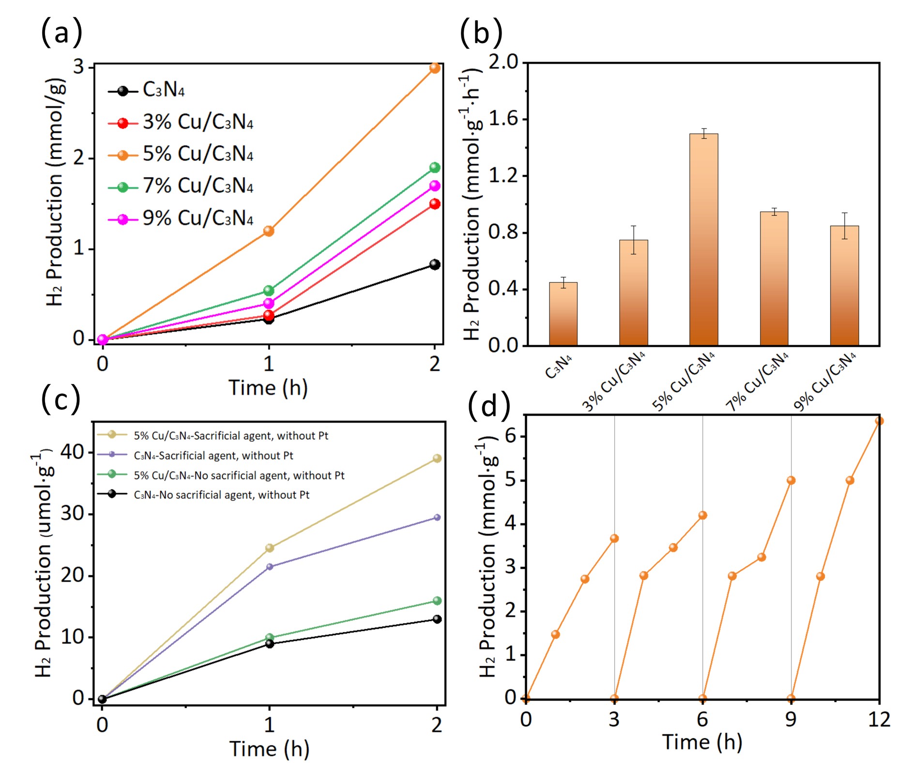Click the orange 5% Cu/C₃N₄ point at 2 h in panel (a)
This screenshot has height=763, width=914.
click(435, 68)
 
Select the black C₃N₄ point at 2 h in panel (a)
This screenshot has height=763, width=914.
click(435, 264)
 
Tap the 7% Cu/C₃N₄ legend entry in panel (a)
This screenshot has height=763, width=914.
click(180, 186)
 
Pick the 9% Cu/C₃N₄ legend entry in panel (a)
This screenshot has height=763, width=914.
click(180, 219)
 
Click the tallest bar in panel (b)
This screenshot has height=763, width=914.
click(703, 240)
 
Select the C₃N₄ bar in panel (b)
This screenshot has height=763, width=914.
click(563, 314)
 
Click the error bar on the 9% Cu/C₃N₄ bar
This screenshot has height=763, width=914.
click(844, 226)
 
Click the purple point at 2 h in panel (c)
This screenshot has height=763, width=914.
click(437, 518)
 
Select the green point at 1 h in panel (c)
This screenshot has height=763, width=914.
click(270, 638)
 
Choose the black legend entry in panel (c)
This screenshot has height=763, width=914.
click(203, 495)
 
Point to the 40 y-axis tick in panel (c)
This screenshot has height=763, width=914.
click(72, 452)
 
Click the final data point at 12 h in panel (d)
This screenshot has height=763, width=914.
click(879, 421)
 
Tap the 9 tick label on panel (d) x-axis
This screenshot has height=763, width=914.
click(791, 720)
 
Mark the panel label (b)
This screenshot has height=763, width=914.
click(481, 32)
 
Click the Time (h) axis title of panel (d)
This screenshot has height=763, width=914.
click(702, 742)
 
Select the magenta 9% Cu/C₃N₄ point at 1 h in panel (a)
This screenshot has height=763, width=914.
click(269, 304)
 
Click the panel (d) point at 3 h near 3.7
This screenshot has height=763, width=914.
click(614, 538)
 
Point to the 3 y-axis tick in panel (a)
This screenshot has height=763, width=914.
click(78, 67)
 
